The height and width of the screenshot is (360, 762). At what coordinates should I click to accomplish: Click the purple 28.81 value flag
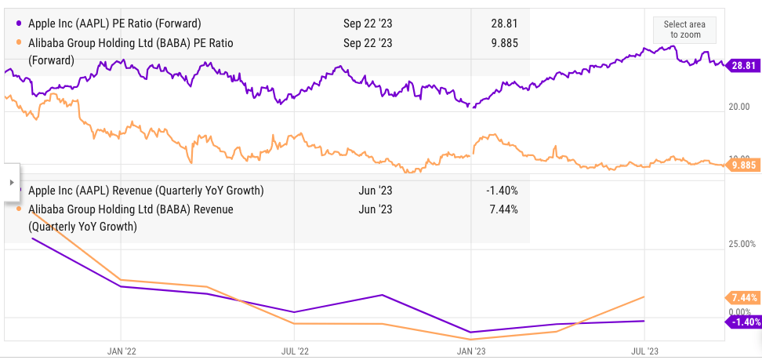(x=742, y=67)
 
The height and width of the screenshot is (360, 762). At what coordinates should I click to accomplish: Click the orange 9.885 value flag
(x=742, y=165)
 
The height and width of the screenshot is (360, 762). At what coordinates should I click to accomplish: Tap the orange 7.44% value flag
(x=742, y=297)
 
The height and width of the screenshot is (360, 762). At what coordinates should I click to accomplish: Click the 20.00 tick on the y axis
(x=740, y=107)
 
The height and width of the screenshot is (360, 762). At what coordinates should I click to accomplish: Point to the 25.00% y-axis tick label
(x=742, y=244)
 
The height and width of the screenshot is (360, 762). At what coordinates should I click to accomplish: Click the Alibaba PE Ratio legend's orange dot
(x=19, y=42)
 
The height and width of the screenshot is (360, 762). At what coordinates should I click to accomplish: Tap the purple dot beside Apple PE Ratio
(x=19, y=24)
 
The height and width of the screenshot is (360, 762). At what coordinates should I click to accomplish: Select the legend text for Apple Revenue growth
(x=146, y=191)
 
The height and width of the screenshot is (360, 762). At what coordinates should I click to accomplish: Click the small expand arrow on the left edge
(x=10, y=182)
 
